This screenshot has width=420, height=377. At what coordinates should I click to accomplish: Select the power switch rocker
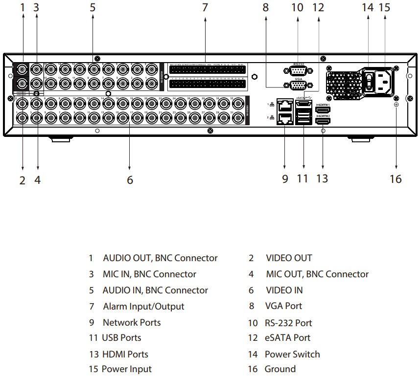[x=369, y=81]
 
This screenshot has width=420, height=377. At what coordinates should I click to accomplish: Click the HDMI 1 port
[x=323, y=110]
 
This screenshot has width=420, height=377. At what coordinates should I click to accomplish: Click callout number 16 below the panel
[x=396, y=178]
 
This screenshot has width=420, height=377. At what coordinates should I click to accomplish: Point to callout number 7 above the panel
[x=205, y=7]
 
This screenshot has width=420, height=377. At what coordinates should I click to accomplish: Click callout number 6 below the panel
[x=130, y=180]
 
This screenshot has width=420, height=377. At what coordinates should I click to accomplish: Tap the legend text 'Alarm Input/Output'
[x=143, y=307]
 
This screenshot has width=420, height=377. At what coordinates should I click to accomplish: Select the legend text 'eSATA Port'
[x=288, y=338]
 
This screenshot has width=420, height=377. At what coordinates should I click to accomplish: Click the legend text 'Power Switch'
[x=292, y=354]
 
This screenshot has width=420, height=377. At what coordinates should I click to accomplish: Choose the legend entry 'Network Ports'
[x=131, y=323]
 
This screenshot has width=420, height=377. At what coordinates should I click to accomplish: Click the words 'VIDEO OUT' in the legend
[x=289, y=258]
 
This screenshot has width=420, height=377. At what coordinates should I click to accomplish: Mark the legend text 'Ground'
[x=280, y=369]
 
